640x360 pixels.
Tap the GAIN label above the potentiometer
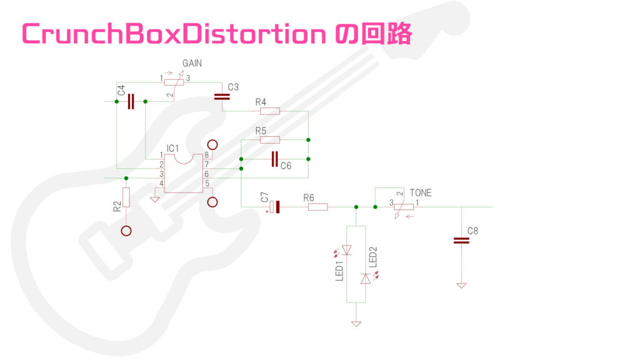tap(192, 64)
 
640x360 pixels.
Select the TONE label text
tap(420, 192)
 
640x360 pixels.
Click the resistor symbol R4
tap(269, 111)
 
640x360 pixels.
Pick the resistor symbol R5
tap(269, 139)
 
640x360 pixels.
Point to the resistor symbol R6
tap(317, 207)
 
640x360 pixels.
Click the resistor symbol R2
tap(126, 197)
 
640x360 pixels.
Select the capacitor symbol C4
tap(131, 101)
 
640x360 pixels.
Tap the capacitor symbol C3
tap(221, 97)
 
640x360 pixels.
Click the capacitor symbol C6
tap(274, 159)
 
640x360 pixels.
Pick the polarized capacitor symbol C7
tap(274, 207)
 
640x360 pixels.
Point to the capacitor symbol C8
tap(461, 241)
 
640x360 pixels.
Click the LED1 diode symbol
tap(347, 251)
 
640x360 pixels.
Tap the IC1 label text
tap(173, 148)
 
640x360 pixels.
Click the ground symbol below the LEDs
tap(356, 323)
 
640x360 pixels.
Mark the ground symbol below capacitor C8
tap(461, 285)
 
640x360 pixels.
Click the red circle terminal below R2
tap(126, 231)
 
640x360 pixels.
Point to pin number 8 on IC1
tap(206, 155)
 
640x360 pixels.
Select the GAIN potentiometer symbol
tap(174, 82)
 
